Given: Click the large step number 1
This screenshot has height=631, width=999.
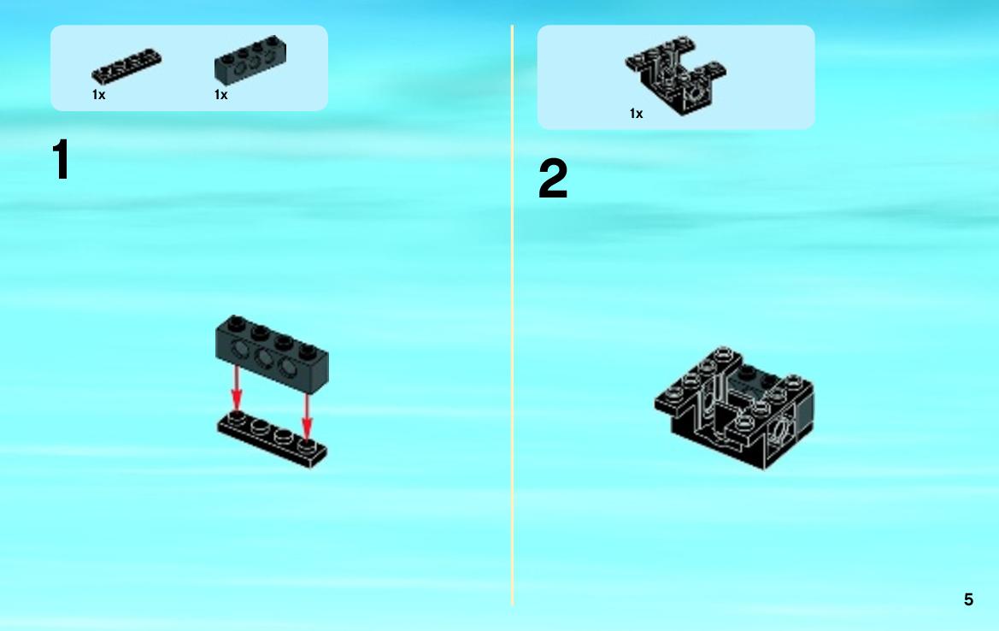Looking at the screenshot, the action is point(62,160).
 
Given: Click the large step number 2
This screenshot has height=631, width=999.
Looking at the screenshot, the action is point(552,179).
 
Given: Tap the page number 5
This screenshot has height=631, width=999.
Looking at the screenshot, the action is point(968,599).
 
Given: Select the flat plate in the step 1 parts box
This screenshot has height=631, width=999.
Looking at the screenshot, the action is point(126,67).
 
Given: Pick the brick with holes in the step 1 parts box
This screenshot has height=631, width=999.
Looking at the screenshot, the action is point(250,61).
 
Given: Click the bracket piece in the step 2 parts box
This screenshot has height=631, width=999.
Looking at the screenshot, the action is point(675,74).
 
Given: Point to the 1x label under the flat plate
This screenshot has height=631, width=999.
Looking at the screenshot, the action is point(99,95).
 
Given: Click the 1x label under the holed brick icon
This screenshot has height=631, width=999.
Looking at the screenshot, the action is point(221,95).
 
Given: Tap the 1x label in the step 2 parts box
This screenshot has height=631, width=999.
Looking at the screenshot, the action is point(637,114).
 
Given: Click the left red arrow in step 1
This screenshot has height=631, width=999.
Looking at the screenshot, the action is point(237,388).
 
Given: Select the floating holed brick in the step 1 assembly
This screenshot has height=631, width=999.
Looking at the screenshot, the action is point(272,351).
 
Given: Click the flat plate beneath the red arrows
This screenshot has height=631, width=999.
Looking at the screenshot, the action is point(272,439).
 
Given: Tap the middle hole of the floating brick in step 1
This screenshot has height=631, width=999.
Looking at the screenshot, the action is point(264,357).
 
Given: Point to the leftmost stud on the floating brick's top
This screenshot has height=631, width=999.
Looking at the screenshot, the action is point(236,322).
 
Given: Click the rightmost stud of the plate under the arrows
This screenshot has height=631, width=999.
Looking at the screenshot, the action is point(308,445).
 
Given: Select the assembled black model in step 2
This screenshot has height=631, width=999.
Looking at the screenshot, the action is point(734,408).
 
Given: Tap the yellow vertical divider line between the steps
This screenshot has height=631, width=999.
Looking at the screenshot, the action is point(512,315).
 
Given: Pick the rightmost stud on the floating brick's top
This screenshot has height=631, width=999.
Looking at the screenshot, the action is point(309,350).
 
